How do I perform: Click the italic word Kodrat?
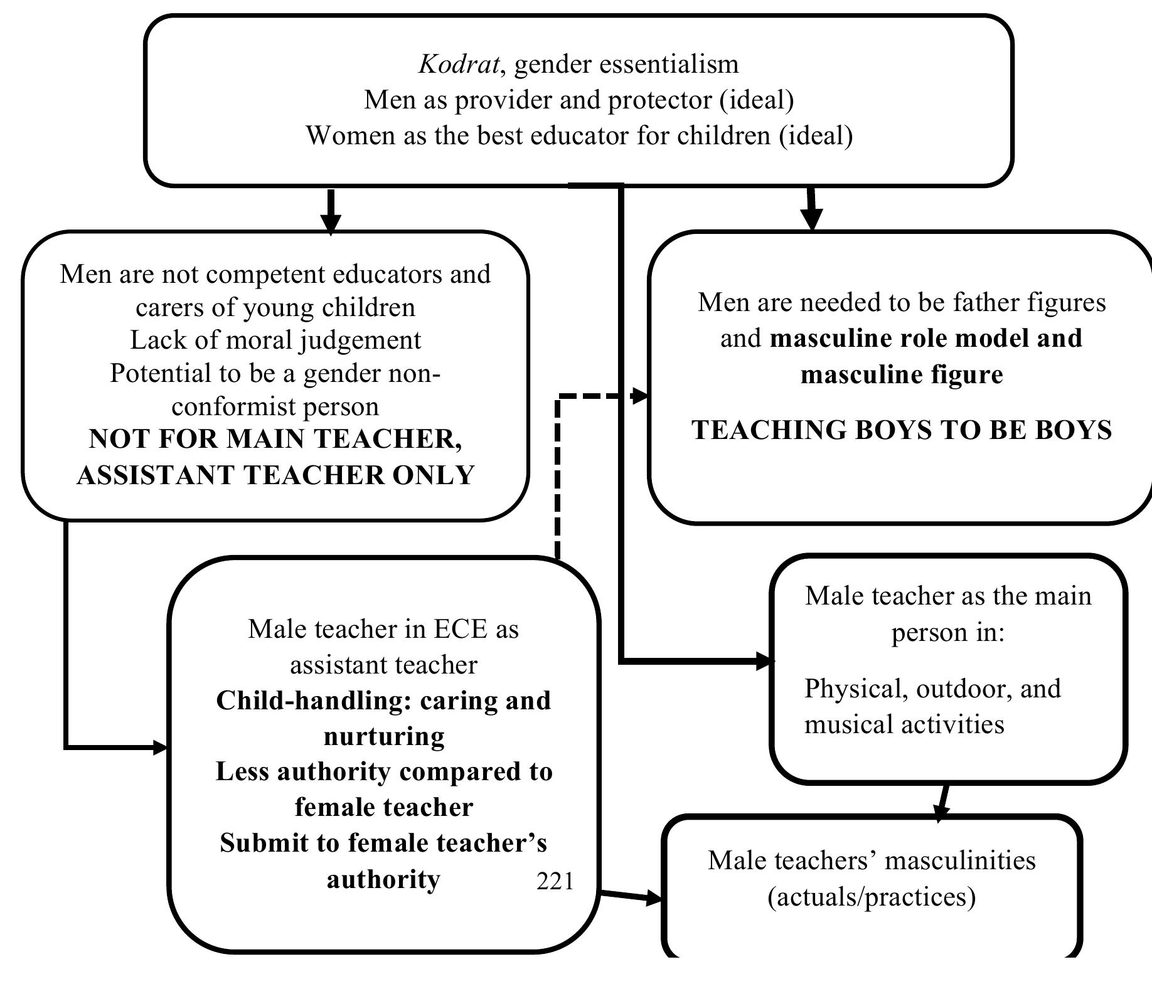click(459, 64)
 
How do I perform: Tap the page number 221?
click(555, 881)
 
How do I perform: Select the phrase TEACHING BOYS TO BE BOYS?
click(902, 430)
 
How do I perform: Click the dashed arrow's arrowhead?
click(641, 396)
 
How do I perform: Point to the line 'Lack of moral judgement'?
click(275, 340)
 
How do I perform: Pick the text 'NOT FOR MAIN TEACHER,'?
click(275, 439)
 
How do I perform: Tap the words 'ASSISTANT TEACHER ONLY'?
click(275, 475)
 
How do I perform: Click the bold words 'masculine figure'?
click(902, 374)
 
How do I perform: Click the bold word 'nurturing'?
click(384, 736)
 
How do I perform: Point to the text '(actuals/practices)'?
click(872, 896)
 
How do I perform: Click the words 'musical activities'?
click(904, 724)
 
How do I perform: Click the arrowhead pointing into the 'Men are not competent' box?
click(331, 223)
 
